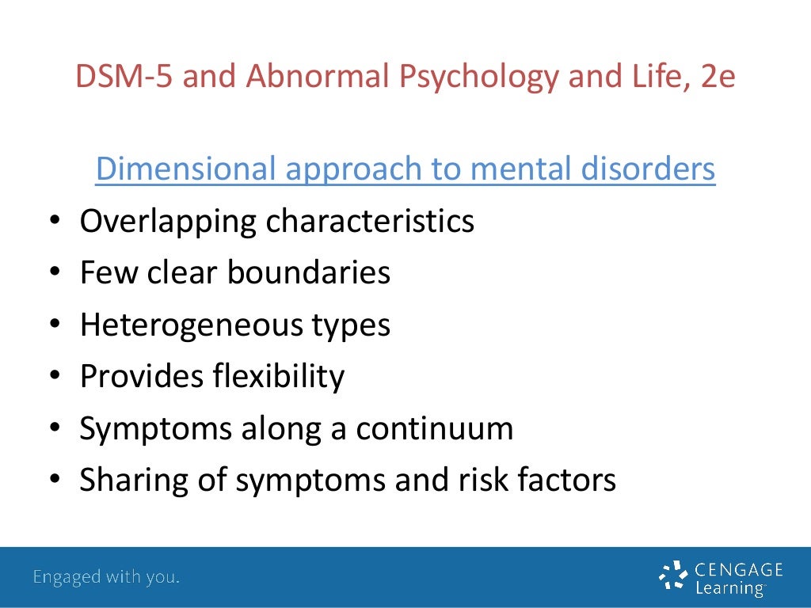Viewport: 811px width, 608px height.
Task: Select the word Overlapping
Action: point(168,222)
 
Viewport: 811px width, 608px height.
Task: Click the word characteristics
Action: point(370,222)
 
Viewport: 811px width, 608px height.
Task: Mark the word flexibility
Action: point(278,377)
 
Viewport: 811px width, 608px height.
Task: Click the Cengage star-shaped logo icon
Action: point(674,576)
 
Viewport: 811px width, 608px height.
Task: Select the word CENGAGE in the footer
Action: point(739,569)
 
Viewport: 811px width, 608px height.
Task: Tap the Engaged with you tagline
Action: point(106,577)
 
